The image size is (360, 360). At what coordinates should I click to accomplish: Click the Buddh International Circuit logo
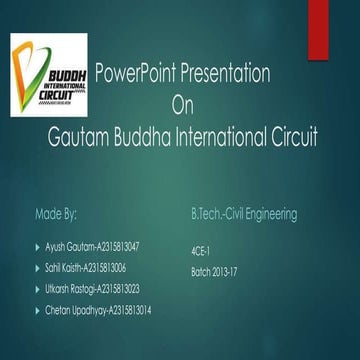tap(49, 75)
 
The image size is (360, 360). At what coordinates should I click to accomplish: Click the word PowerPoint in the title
tap(129, 74)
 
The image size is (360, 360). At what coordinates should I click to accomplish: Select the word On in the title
tap(180, 105)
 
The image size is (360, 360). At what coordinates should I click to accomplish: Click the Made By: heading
tap(57, 214)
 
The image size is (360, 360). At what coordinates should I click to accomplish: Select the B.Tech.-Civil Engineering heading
tap(243, 214)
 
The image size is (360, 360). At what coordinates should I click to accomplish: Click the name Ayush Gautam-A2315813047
tap(92, 245)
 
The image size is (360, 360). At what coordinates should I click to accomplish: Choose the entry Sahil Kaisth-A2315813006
tap(86, 268)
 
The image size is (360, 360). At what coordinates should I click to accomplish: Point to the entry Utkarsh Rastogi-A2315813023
tap(92, 290)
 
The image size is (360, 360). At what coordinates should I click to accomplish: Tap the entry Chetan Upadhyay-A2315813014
tap(97, 312)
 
